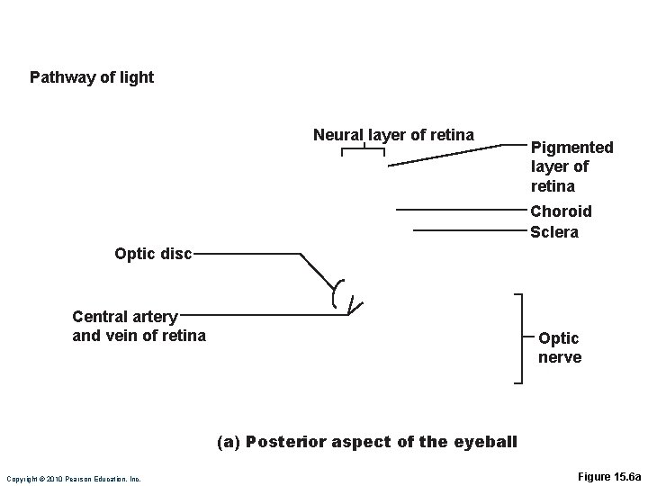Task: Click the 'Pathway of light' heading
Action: [x=92, y=77]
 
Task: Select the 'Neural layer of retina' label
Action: [x=393, y=135]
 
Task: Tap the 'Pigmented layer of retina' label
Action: [x=571, y=166]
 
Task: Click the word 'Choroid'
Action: [x=561, y=211]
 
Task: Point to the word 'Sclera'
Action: [x=554, y=232]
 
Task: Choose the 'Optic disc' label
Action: [x=153, y=254]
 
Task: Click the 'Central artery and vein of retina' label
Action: [x=139, y=326]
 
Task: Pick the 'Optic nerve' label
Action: [x=559, y=347]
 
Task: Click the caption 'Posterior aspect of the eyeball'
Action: [x=381, y=442]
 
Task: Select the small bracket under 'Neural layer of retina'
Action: [x=364, y=151]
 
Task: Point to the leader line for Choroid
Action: [x=459, y=210]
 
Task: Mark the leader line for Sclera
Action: [x=468, y=230]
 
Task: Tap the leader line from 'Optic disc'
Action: [x=247, y=254]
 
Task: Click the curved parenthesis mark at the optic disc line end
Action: [x=337, y=292]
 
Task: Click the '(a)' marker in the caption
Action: [x=229, y=442]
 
